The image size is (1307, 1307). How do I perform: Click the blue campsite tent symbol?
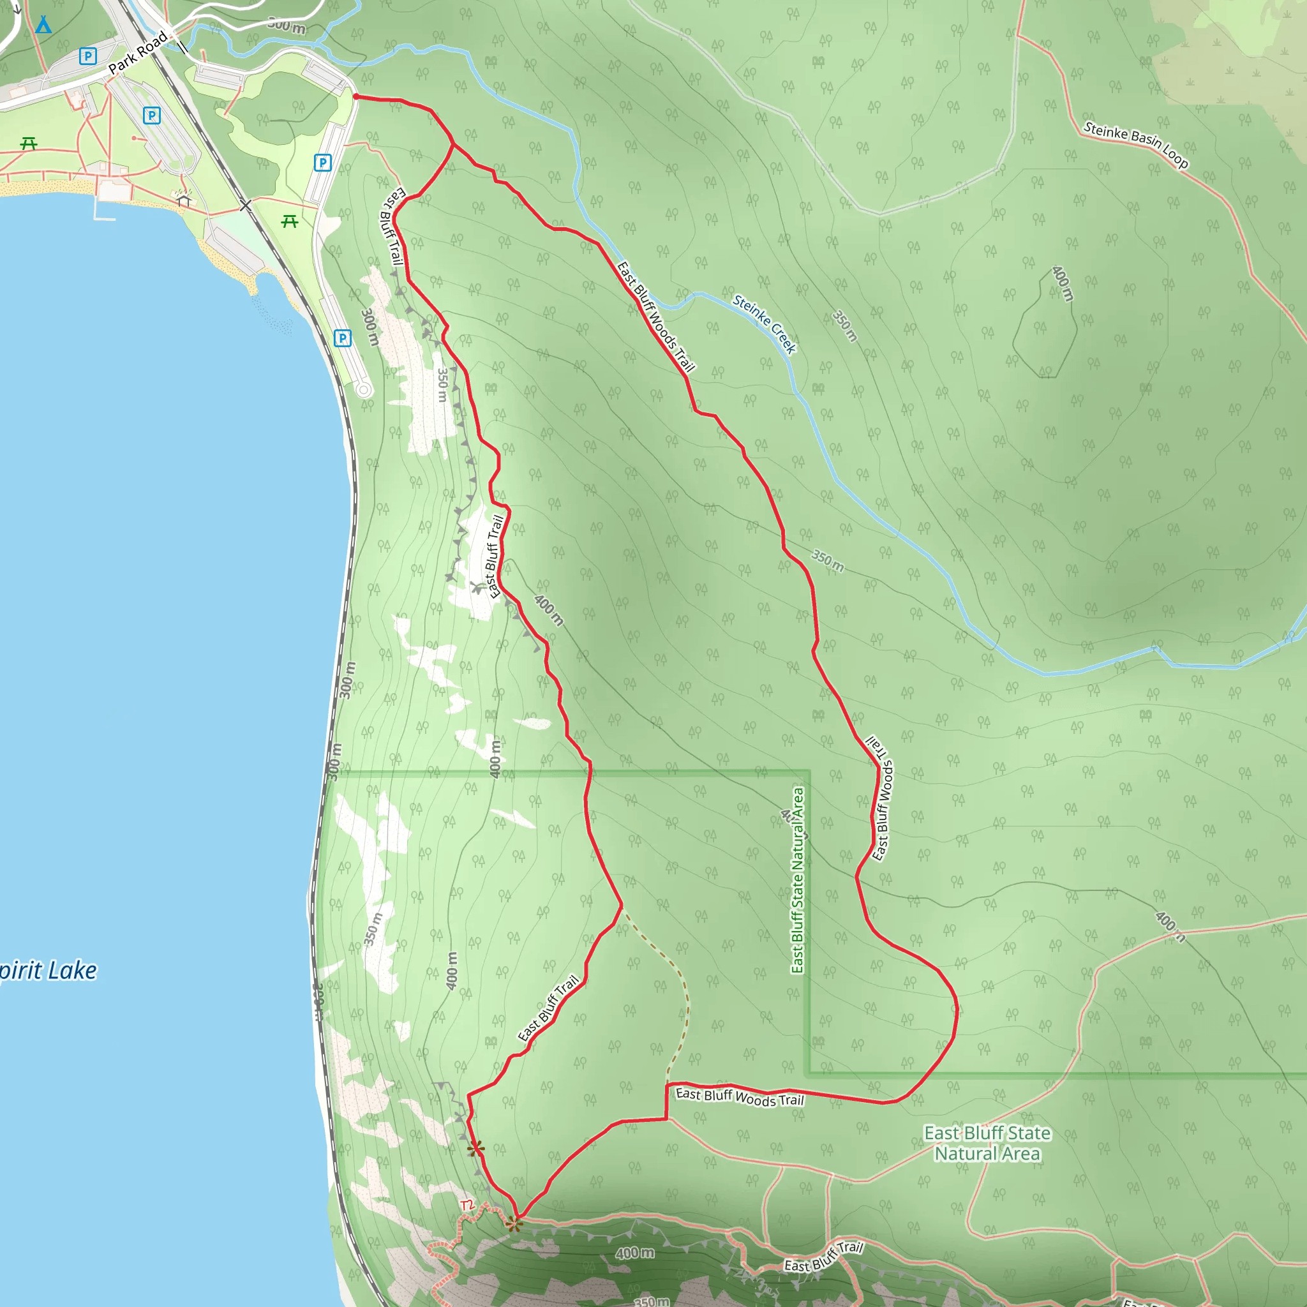[x=43, y=25]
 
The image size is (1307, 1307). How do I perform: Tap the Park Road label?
[x=137, y=53]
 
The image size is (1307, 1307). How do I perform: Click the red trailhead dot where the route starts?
[x=356, y=97]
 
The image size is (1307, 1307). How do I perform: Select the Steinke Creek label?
[x=765, y=324]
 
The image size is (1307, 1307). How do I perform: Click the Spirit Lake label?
[x=47, y=971]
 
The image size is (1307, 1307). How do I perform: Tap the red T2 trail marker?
[x=467, y=1205]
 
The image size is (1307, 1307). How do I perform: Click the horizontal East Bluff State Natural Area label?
[x=987, y=1142]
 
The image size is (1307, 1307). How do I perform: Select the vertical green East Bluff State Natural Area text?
[x=798, y=880]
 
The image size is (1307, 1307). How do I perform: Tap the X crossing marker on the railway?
[x=246, y=205]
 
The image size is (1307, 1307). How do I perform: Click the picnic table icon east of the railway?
[x=290, y=221]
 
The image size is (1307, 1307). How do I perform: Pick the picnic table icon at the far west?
[x=29, y=143]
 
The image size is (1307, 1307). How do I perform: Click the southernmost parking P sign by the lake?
[x=343, y=338]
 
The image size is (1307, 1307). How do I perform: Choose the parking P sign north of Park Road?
[x=87, y=56]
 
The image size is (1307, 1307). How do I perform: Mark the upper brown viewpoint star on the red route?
[x=476, y=1148]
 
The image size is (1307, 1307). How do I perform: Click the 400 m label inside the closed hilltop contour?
[x=1062, y=283]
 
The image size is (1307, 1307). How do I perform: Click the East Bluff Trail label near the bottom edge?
[x=823, y=1256]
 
